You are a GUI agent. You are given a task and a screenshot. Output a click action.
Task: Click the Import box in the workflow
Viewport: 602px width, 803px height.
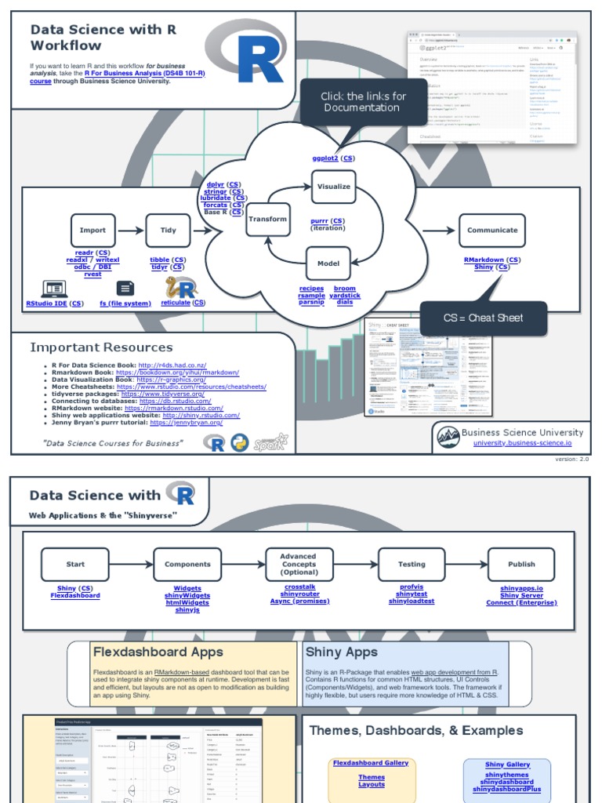click(x=92, y=231)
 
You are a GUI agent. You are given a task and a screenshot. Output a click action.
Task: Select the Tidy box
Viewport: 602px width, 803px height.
click(x=168, y=231)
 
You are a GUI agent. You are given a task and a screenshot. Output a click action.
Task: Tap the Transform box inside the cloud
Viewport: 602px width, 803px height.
click(x=267, y=220)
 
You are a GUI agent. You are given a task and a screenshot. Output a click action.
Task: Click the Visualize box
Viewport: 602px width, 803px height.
click(x=333, y=187)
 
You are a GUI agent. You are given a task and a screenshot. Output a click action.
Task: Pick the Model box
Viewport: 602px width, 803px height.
click(x=328, y=263)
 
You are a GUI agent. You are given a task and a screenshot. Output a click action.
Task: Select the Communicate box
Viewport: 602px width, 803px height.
click(x=492, y=231)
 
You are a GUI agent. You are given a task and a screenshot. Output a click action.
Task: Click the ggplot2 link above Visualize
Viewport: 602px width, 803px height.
click(x=325, y=158)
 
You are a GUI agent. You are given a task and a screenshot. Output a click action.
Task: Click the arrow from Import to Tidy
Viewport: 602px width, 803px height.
click(x=130, y=231)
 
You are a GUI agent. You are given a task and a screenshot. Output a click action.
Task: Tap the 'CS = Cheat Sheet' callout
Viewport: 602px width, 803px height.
click(x=483, y=318)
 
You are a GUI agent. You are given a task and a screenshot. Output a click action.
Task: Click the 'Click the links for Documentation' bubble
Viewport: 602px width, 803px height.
click(x=363, y=102)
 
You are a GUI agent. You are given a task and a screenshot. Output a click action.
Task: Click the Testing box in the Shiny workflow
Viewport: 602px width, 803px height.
click(x=412, y=564)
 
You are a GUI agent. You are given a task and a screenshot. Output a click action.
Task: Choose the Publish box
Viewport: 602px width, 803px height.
click(x=521, y=564)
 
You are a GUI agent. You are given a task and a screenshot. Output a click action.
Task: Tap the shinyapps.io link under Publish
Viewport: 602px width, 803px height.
click(x=521, y=588)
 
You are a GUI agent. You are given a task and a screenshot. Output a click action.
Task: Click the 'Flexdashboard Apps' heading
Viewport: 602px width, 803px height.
click(x=158, y=652)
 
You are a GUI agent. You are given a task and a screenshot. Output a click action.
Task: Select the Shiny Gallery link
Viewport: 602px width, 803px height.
click(x=507, y=765)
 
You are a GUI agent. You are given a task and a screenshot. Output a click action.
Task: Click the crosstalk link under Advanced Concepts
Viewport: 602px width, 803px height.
click(x=299, y=587)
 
